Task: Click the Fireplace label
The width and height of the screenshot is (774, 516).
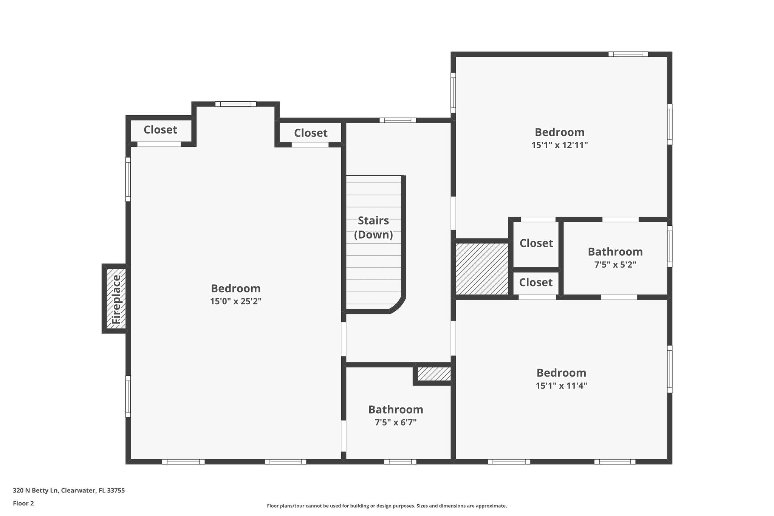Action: (x=116, y=299)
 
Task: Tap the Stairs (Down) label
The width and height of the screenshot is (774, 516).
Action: (x=373, y=228)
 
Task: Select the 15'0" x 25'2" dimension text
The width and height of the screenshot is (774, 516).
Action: (x=236, y=301)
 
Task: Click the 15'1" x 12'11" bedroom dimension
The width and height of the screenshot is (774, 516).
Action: (x=559, y=145)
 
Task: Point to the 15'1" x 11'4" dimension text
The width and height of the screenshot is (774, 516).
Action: (x=561, y=386)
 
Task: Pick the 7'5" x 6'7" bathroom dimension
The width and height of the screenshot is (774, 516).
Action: (x=395, y=422)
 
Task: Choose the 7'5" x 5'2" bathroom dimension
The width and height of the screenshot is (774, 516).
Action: (x=615, y=265)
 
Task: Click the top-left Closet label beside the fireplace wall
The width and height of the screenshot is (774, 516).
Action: (x=160, y=130)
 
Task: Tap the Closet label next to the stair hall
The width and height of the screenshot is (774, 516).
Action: (x=311, y=133)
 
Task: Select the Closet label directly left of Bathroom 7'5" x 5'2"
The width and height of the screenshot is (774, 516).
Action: (x=536, y=243)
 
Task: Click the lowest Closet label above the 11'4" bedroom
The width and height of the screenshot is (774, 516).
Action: (x=536, y=282)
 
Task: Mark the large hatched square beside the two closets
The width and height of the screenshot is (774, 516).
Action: (x=482, y=269)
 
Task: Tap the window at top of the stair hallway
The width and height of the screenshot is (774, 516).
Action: (x=398, y=120)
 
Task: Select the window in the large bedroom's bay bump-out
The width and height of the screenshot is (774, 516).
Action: (x=236, y=104)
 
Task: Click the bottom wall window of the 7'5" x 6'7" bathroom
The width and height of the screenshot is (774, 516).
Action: (x=400, y=462)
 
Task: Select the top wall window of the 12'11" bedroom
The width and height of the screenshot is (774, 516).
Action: (x=628, y=54)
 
